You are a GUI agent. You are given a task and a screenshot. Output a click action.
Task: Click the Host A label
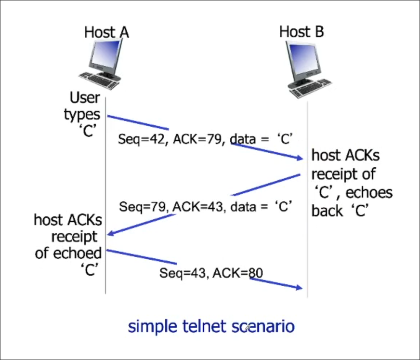[106, 32]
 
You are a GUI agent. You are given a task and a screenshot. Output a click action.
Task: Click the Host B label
[302, 32]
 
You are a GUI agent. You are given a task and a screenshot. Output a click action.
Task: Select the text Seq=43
[179, 273]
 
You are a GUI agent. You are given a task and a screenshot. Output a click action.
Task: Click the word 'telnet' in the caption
[197, 327]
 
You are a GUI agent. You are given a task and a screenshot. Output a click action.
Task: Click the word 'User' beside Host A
[85, 98]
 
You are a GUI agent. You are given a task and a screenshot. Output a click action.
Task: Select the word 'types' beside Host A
[82, 115]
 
